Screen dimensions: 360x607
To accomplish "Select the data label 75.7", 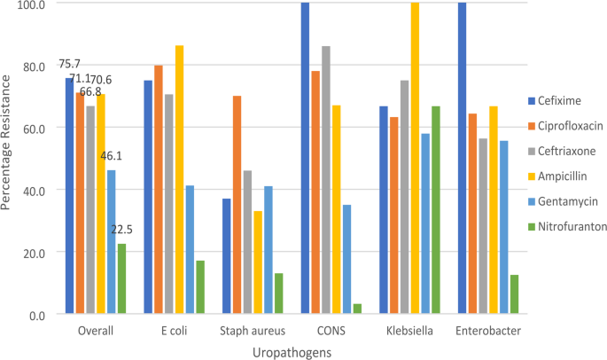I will point(70,64).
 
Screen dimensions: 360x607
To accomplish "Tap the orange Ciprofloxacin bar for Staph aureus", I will point(237,204).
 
